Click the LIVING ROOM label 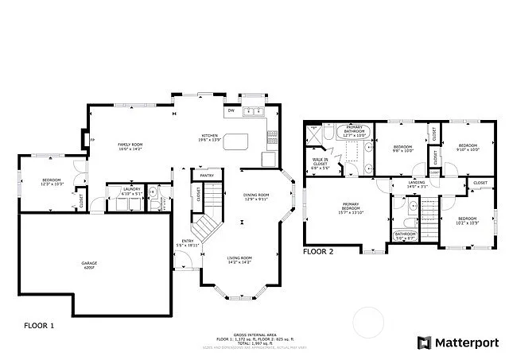239,260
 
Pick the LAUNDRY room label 131,191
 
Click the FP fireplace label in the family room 93,141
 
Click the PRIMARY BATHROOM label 355,132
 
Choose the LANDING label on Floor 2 416,184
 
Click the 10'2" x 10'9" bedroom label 468,220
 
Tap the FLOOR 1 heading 39,325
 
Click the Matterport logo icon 423,343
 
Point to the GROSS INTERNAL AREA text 254,335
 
